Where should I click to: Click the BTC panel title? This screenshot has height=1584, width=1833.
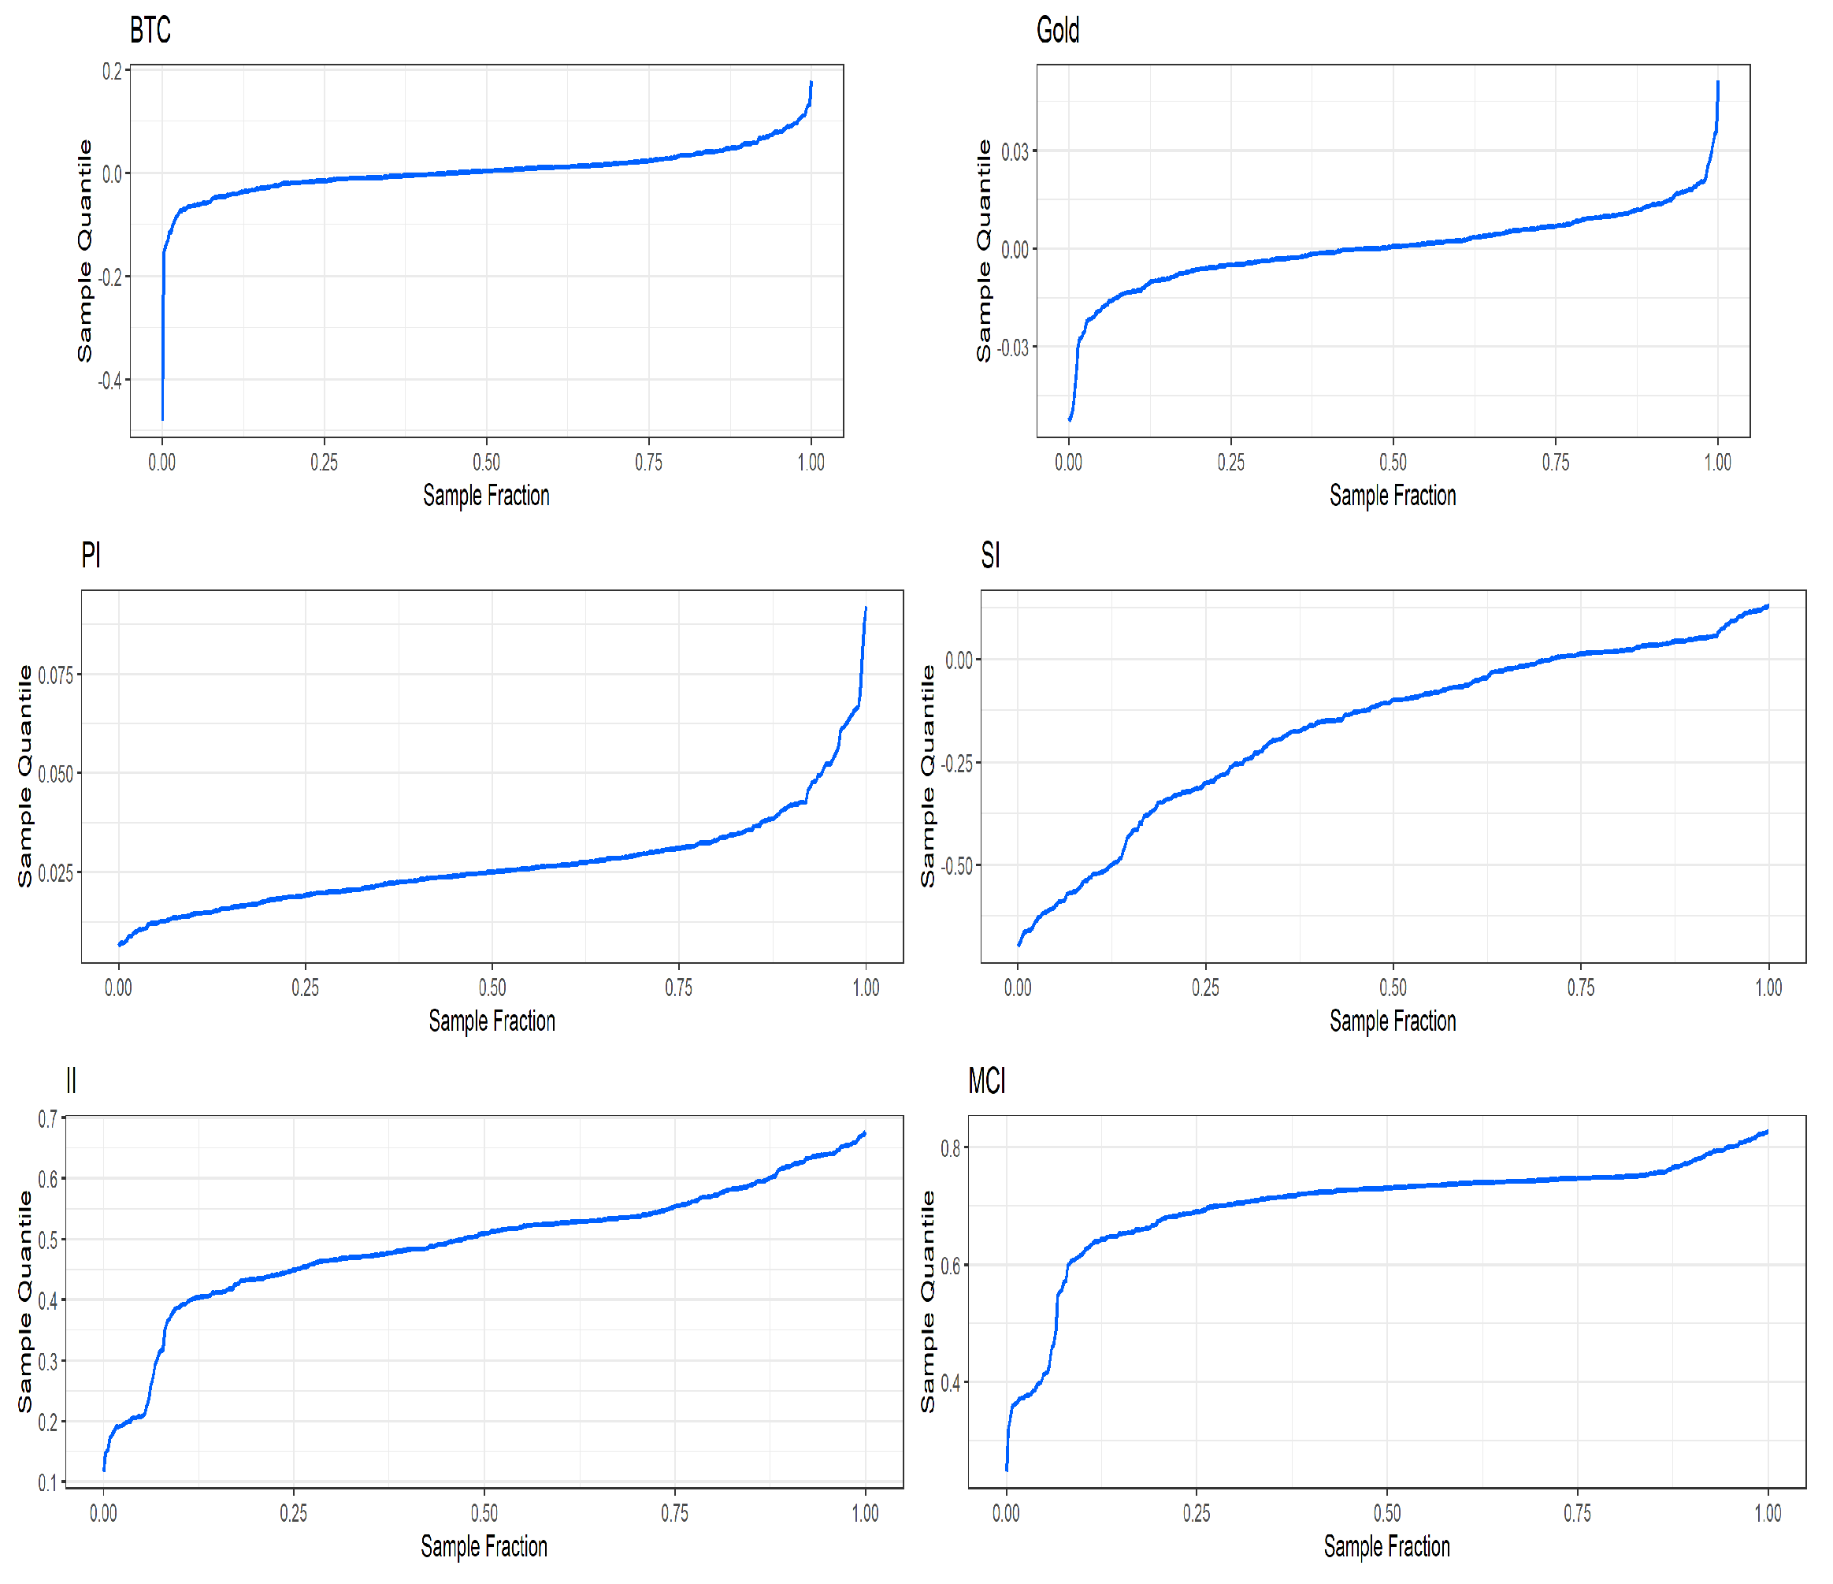tap(150, 30)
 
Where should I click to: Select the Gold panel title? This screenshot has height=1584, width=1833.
tap(1057, 30)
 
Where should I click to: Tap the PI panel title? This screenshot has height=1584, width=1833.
tap(91, 556)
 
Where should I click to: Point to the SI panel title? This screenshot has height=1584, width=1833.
tap(990, 556)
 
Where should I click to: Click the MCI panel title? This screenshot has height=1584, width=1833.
tap(986, 1081)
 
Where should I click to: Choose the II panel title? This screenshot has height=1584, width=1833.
tap(71, 1081)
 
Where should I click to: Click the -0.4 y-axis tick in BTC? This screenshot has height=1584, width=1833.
tap(110, 381)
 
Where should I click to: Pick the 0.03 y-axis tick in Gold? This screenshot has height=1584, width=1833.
tap(1015, 151)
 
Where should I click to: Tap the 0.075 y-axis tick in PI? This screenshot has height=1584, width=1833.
tap(56, 675)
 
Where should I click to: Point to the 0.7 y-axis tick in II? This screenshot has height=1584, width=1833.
tap(47, 1119)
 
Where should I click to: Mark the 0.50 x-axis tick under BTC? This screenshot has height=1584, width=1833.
tap(486, 462)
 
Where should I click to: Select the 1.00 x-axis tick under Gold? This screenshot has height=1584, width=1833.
tap(1717, 462)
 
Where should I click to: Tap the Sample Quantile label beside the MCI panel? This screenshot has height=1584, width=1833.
tap(927, 1301)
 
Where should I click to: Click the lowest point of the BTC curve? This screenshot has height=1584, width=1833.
tap(162, 418)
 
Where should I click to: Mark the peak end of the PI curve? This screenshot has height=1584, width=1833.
tap(865, 608)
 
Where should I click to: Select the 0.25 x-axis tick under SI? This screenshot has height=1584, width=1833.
tap(1205, 987)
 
